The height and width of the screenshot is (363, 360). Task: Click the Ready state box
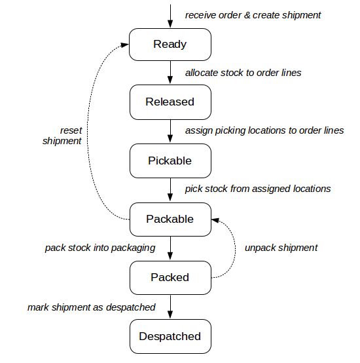tap(170, 45)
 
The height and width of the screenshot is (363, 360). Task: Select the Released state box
tap(170, 102)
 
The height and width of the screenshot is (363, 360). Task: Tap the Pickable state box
tap(170, 161)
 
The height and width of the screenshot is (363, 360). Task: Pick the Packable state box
tap(170, 219)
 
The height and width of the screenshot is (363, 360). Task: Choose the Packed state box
tap(170, 277)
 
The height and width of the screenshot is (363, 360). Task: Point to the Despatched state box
tap(170, 336)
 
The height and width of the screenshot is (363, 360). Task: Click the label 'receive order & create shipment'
tap(253, 14)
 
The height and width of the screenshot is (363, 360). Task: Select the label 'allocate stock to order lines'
tap(243, 73)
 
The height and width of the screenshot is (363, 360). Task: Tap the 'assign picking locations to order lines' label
tap(264, 130)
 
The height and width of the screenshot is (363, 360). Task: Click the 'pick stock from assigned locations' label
tap(258, 189)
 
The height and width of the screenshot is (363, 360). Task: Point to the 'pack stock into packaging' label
tap(100, 248)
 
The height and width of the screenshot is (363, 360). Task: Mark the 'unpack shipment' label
tap(281, 248)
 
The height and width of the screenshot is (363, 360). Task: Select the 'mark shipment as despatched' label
tap(92, 307)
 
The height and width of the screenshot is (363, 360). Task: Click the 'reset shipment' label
tap(62, 136)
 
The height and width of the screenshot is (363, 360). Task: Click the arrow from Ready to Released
tap(170, 73)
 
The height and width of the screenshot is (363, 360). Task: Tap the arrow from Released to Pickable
tap(170, 131)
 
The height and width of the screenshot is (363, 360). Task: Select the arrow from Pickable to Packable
tap(170, 189)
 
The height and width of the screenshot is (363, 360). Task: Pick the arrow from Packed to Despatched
tap(170, 307)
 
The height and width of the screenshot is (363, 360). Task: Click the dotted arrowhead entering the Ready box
tap(124, 44)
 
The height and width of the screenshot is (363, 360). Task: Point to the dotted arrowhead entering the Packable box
tap(216, 219)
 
